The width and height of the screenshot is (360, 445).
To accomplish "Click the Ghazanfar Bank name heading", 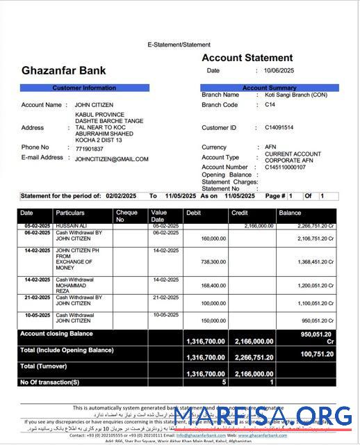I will (64, 70).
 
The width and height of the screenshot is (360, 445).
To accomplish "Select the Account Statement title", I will (247, 58).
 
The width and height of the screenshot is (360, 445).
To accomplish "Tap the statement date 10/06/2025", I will (279, 70).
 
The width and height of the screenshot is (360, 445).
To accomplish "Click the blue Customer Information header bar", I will (84, 88).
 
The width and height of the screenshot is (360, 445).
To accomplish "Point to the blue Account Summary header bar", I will (269, 88).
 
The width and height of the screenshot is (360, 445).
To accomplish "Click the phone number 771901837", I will (89, 149).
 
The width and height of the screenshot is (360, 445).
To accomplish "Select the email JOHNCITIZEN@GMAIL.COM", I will (111, 159).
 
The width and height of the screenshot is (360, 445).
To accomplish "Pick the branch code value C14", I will (270, 105).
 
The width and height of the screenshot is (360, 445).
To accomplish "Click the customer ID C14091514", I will (279, 128).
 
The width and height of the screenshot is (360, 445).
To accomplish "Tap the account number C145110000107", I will (285, 168).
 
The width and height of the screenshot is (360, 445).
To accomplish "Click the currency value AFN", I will (270, 147).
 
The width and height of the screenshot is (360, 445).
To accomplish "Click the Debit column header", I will (193, 213).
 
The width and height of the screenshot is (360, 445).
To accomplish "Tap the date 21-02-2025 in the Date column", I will (35, 297).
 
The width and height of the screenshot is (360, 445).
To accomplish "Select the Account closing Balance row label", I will (56, 334).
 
